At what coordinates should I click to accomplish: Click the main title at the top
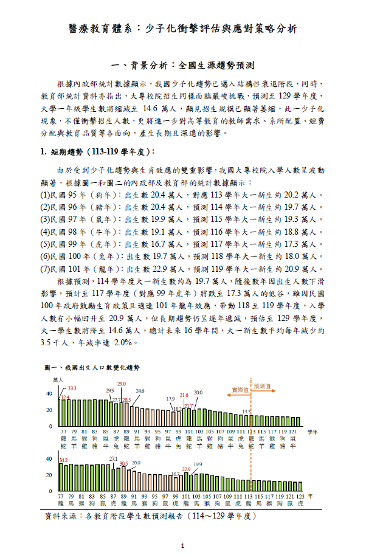182,29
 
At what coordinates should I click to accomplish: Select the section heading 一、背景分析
182,64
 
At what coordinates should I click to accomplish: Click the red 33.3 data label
72,388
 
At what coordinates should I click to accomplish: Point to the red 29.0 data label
122,384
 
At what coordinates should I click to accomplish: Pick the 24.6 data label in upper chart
140,390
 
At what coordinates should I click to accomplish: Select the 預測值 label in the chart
263,386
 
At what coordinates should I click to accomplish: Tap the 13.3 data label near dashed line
246,412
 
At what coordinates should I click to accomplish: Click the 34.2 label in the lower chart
63,460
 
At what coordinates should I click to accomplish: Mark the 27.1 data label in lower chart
113,458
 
